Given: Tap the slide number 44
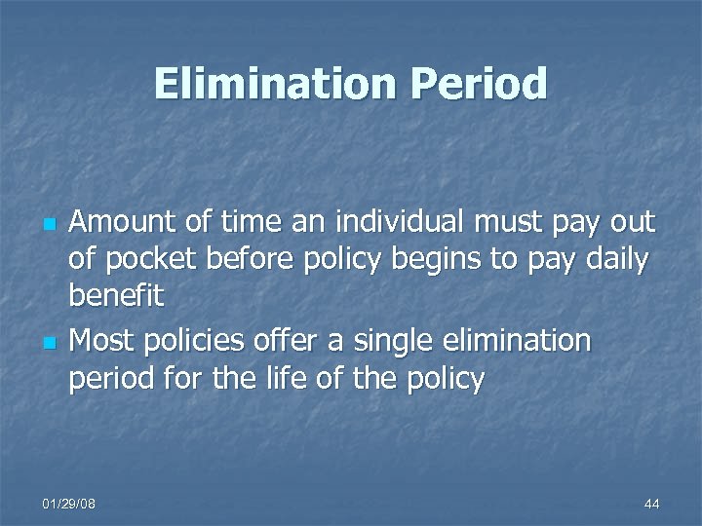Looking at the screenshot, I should point(651,504).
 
